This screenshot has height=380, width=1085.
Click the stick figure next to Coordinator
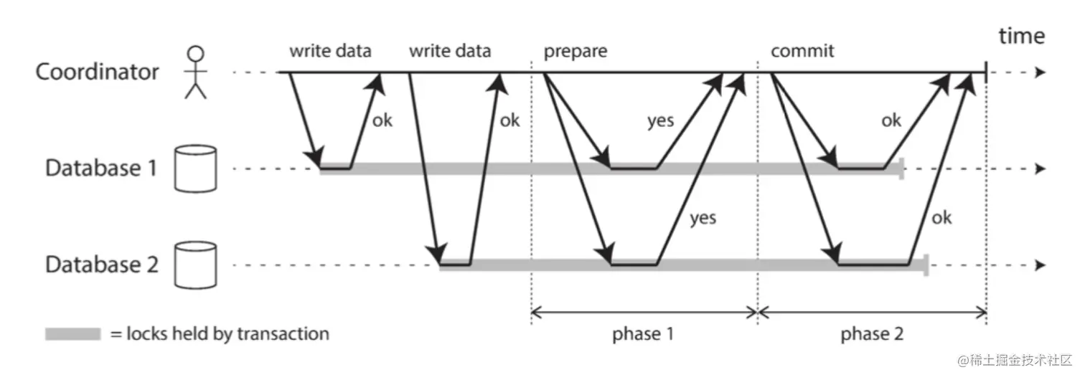[195, 72]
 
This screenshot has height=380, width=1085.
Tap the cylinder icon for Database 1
[195, 168]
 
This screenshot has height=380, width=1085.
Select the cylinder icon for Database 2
[195, 265]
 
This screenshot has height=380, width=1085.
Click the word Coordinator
[98, 72]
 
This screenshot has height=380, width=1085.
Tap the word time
[1022, 37]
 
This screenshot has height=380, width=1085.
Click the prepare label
[575, 51]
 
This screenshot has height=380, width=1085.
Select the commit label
[802, 51]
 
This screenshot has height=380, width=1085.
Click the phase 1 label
[644, 335]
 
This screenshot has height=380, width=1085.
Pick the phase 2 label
[872, 335]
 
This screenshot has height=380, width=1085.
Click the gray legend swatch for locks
[72, 333]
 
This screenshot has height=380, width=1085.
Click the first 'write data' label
[331, 51]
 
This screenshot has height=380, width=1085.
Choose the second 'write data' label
[450, 51]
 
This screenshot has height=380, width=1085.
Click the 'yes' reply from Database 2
[703, 217]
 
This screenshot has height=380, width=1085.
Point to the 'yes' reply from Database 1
[660, 120]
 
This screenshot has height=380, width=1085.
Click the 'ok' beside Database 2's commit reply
[942, 217]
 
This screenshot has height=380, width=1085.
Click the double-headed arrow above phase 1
[644, 312]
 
